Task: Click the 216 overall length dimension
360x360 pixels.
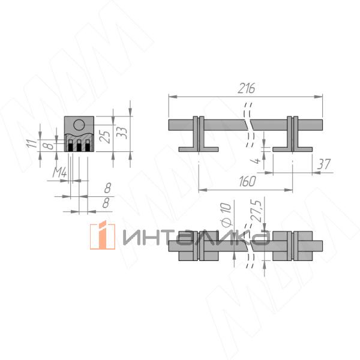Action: (x=247, y=88)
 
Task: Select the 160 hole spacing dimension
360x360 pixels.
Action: (x=247, y=181)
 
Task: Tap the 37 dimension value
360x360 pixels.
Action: (x=324, y=164)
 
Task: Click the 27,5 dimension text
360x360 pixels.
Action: (x=258, y=211)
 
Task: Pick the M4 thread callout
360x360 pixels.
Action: (x=59, y=172)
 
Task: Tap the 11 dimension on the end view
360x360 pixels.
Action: (x=33, y=143)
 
